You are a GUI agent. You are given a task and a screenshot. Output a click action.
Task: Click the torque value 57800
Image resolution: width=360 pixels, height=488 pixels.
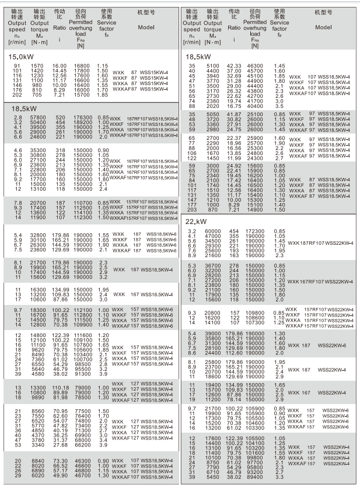pos(38,118)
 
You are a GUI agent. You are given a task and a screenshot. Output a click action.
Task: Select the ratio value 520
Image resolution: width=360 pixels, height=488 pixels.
pos(60,118)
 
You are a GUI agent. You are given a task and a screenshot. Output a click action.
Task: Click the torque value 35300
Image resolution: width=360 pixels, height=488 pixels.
pos(38,150)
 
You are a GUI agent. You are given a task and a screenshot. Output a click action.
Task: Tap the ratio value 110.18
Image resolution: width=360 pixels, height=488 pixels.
pos(60,388)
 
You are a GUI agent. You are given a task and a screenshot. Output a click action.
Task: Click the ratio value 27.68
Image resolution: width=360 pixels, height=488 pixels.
pos(60,445)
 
